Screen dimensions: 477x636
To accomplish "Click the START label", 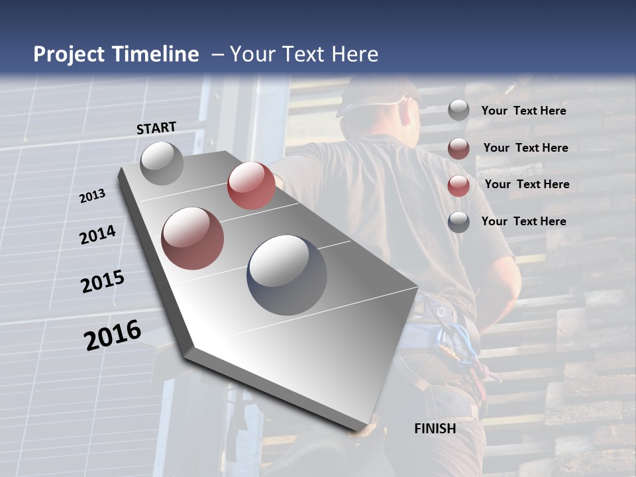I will point(156,127).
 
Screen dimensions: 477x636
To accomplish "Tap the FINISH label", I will point(435,429).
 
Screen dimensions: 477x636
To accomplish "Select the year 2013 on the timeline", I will point(92,195).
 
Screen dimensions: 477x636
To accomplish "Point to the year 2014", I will point(97,235).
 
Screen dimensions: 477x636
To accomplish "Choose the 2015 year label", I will point(103,282).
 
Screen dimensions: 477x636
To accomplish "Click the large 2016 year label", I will point(113,335).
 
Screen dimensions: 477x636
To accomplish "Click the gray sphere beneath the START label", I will point(162,163).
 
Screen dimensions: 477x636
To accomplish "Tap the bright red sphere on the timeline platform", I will point(251,185).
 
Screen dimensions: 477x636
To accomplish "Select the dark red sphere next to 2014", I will point(193,238).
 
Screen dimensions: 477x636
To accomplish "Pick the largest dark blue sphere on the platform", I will point(287,275).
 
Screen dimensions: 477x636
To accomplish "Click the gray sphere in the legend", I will point(458,111).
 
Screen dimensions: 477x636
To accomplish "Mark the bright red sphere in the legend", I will point(458,185).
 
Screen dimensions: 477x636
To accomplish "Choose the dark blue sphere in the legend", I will point(458,222).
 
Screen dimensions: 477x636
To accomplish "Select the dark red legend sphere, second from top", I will point(458,148).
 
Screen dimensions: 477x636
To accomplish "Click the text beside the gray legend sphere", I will point(523,111).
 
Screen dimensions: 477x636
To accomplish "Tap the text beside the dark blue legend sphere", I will point(523,221).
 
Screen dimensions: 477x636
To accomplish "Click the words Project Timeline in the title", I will point(116,54).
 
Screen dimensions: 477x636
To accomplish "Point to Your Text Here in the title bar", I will point(303,54).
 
